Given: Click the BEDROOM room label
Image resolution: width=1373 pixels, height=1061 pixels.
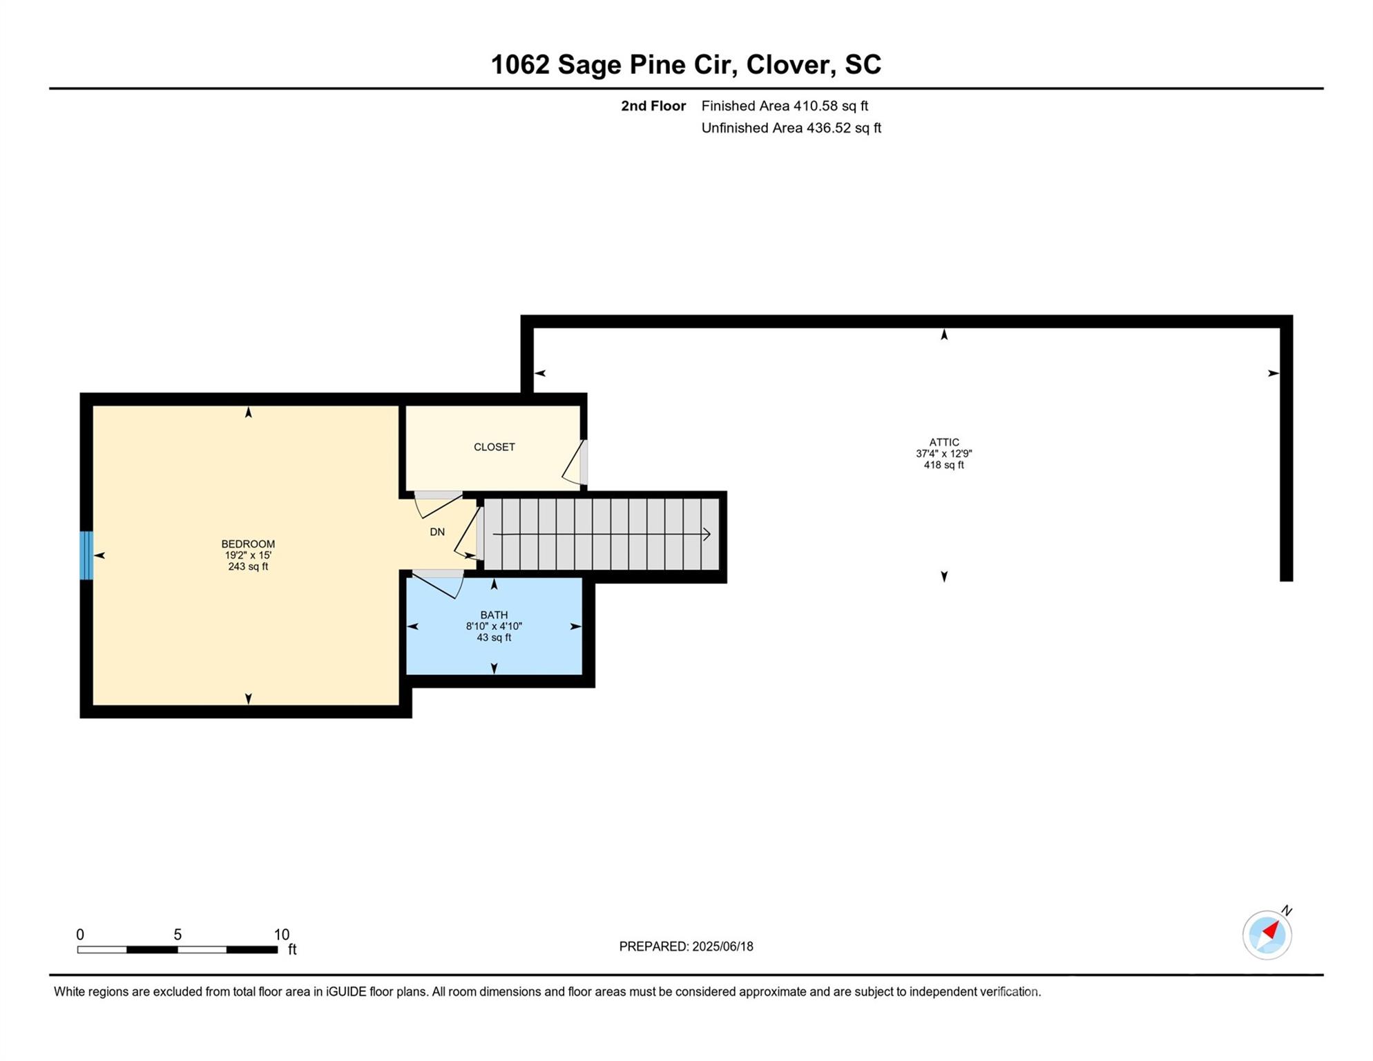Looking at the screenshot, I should (x=248, y=544).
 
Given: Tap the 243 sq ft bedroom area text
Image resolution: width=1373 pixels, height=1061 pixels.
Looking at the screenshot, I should (x=248, y=566).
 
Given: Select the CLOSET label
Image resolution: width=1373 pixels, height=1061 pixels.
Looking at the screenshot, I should (x=494, y=447).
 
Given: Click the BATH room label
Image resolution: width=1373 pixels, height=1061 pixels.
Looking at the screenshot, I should (x=494, y=615).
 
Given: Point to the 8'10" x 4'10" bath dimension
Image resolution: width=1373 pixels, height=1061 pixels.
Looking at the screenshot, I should (x=494, y=627).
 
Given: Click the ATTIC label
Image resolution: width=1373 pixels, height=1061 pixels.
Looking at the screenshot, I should (x=943, y=442).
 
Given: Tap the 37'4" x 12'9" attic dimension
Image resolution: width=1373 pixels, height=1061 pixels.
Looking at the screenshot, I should (x=943, y=454).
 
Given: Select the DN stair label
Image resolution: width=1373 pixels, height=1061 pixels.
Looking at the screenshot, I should (x=437, y=532).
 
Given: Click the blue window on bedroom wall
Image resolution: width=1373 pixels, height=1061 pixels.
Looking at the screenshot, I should (x=86, y=555).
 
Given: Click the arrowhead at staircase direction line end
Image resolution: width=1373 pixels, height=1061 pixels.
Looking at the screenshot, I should (x=707, y=534).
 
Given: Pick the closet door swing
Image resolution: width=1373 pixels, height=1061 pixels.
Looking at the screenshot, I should (x=573, y=463).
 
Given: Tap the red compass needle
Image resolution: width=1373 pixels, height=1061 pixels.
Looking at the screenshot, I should (x=1271, y=930).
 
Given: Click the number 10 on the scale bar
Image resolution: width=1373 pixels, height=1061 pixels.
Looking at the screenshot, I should (x=281, y=935).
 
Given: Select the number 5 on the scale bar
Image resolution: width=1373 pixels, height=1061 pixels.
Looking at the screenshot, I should (x=177, y=935).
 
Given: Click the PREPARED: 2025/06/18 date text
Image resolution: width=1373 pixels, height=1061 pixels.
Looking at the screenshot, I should (x=686, y=946).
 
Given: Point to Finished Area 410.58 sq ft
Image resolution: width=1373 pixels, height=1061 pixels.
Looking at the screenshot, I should (x=785, y=106).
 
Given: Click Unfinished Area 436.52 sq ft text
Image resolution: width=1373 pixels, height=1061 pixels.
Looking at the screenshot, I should (x=791, y=128).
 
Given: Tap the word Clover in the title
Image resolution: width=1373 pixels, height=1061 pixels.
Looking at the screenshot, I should (x=787, y=64).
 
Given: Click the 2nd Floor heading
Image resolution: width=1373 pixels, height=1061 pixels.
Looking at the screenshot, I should (x=653, y=106).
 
